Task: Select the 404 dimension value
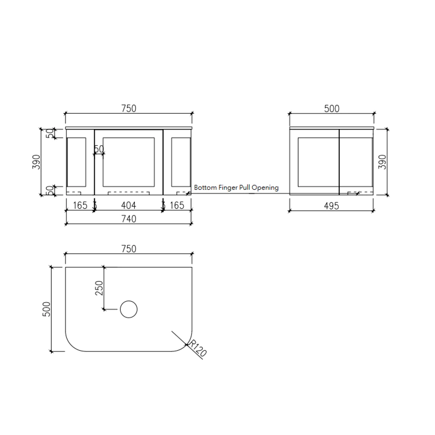click(x=128, y=206)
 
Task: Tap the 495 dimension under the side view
click(x=332, y=206)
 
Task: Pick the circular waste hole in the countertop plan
click(x=129, y=309)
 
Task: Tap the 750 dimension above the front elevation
click(x=128, y=108)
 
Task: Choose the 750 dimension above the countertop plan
click(x=128, y=248)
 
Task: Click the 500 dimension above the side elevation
click(x=332, y=108)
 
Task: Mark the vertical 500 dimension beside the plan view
click(x=47, y=309)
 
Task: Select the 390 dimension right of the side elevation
click(x=382, y=161)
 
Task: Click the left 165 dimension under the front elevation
click(x=80, y=206)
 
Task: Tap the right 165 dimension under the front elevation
click(x=177, y=206)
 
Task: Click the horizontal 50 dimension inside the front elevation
click(x=100, y=149)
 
